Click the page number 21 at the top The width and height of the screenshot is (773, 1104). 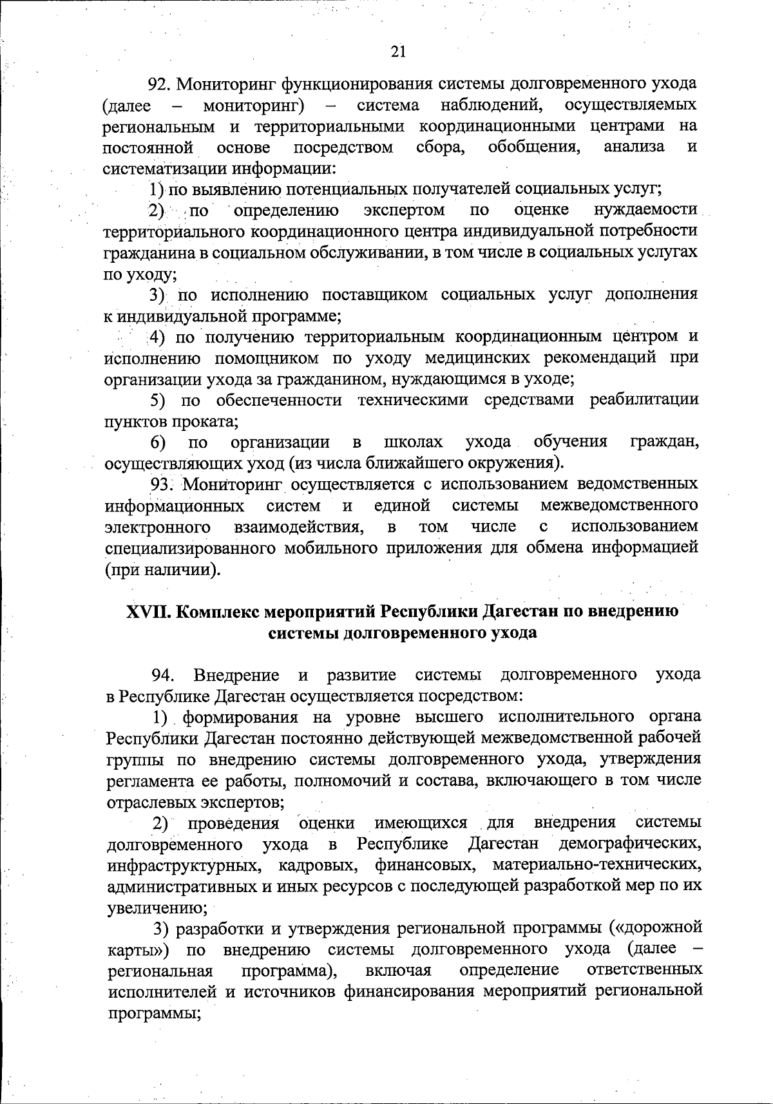(x=398, y=52)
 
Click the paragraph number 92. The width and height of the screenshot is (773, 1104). (x=160, y=84)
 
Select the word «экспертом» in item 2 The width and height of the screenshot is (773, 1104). (x=404, y=210)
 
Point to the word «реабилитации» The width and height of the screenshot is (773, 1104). (x=644, y=400)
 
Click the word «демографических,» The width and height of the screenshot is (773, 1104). (x=631, y=844)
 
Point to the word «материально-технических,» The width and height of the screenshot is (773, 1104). (x=596, y=865)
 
